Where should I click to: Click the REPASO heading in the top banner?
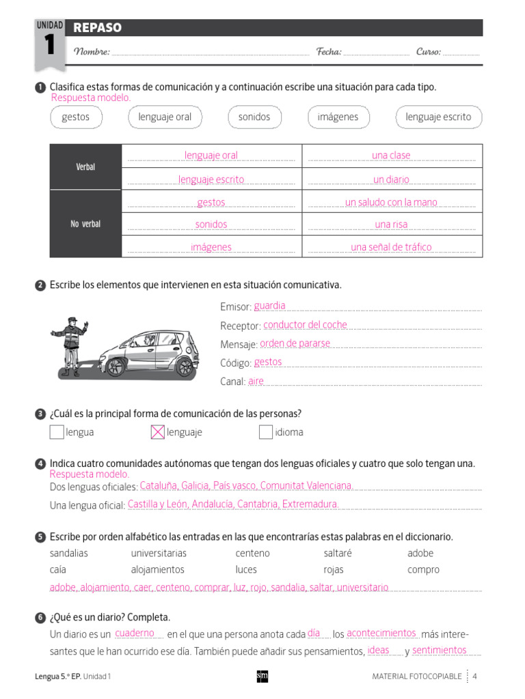coord(98,28)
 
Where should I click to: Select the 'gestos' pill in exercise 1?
coord(76,117)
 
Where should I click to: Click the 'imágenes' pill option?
coord(338,117)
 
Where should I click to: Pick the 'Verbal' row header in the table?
coord(85,167)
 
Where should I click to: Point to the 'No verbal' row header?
coord(85,224)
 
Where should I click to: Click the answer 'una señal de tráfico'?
coord(391,247)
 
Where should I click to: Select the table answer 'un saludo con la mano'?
coord(391,202)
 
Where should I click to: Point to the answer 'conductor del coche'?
coord(305,325)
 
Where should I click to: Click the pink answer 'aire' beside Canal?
coord(256,381)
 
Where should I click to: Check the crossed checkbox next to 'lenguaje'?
coord(157,432)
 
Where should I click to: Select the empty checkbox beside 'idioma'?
coord(266,432)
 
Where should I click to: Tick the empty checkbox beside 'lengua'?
coord(57,432)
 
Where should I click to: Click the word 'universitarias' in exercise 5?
coord(159,553)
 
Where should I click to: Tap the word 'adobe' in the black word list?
coord(420,553)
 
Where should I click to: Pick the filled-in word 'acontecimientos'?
coord(381,633)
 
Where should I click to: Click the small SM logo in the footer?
coord(262,676)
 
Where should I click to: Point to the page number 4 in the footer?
coord(474,676)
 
